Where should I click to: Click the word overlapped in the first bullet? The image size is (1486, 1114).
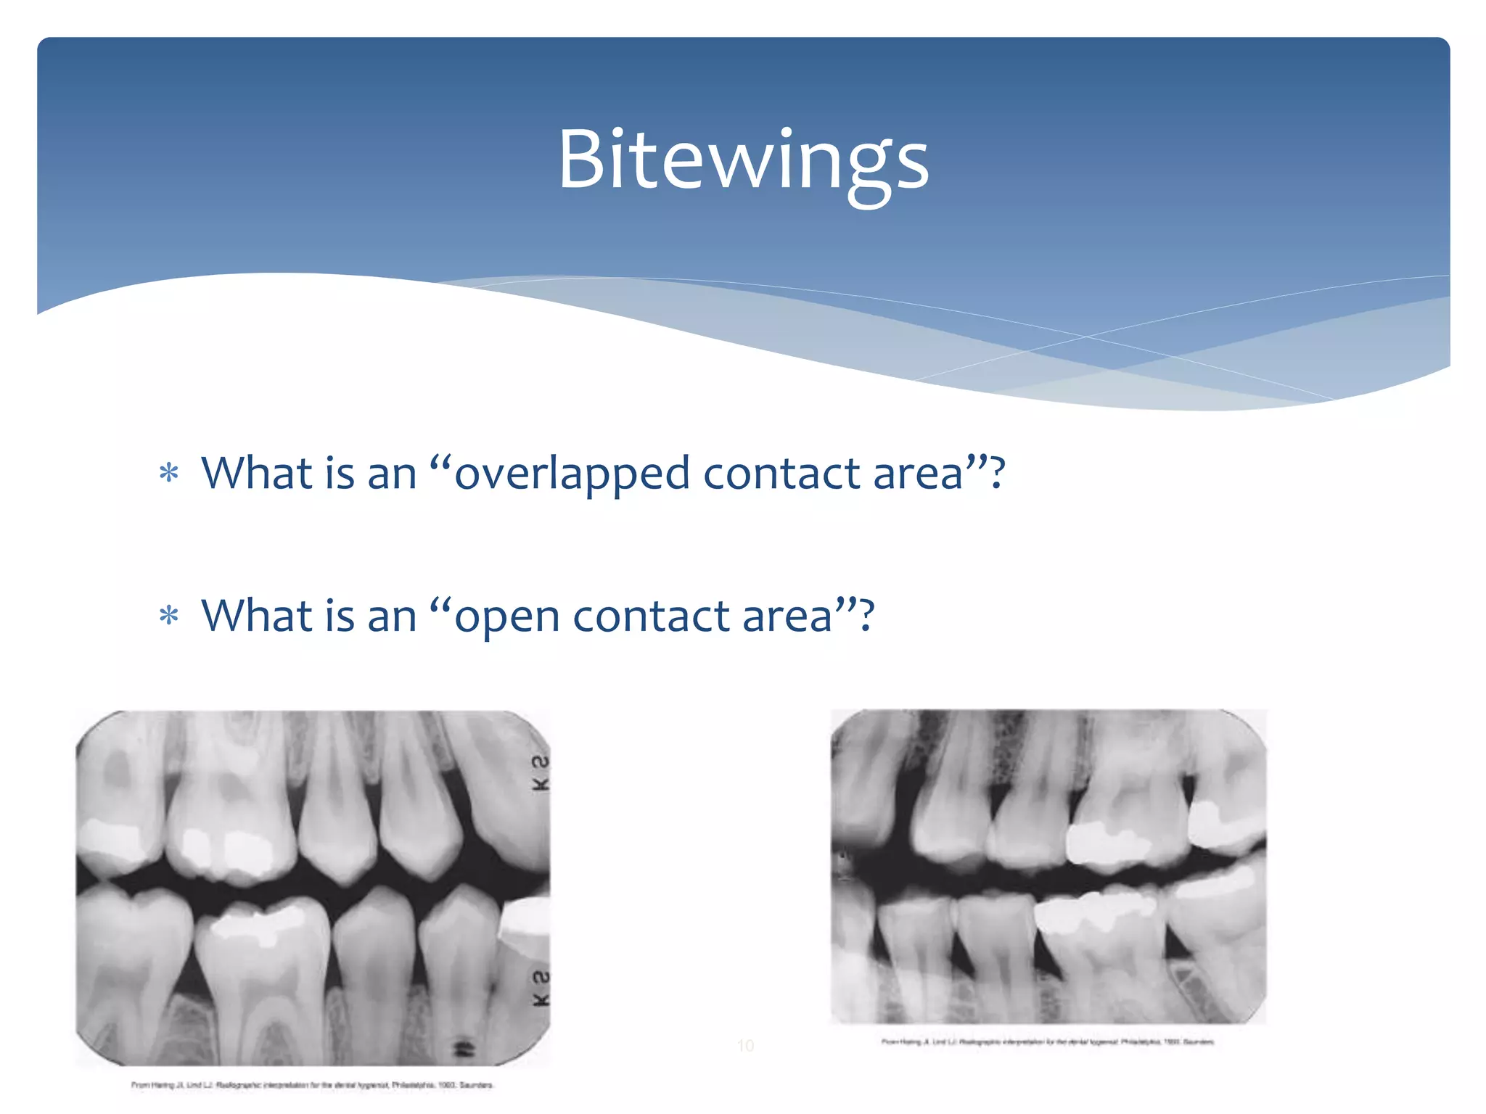[572, 474]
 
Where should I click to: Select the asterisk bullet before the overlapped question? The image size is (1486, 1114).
[169, 474]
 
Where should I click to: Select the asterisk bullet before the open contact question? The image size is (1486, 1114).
[169, 616]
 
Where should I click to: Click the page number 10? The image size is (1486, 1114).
[745, 1045]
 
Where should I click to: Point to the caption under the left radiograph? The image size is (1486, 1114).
[312, 1085]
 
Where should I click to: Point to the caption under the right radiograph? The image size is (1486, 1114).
[1047, 1041]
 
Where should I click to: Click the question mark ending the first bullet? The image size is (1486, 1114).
[998, 473]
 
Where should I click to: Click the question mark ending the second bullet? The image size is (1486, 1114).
[866, 616]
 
